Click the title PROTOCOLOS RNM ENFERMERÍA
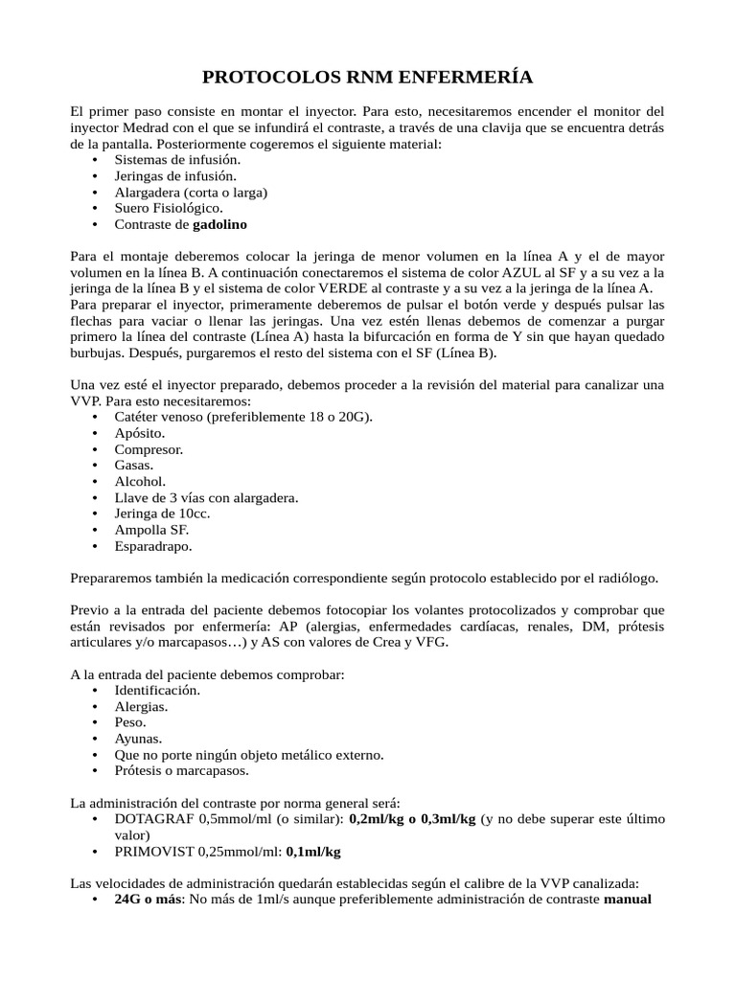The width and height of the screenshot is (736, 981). point(368,77)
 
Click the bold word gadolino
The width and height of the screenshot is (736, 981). point(219,224)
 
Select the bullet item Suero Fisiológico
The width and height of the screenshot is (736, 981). point(169,208)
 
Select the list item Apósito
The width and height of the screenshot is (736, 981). point(140,433)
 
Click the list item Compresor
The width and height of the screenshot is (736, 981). point(149,449)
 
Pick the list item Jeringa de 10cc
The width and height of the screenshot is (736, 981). point(162,513)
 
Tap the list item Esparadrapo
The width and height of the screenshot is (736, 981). point(153,546)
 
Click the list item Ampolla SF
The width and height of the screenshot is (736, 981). point(151,530)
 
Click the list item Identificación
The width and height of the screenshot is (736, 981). point(158,690)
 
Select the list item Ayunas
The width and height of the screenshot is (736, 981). point(138,739)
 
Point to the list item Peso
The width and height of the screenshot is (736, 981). point(130,722)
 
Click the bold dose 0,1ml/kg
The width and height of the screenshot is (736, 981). point(313,851)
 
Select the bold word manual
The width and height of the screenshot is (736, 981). point(628,900)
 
